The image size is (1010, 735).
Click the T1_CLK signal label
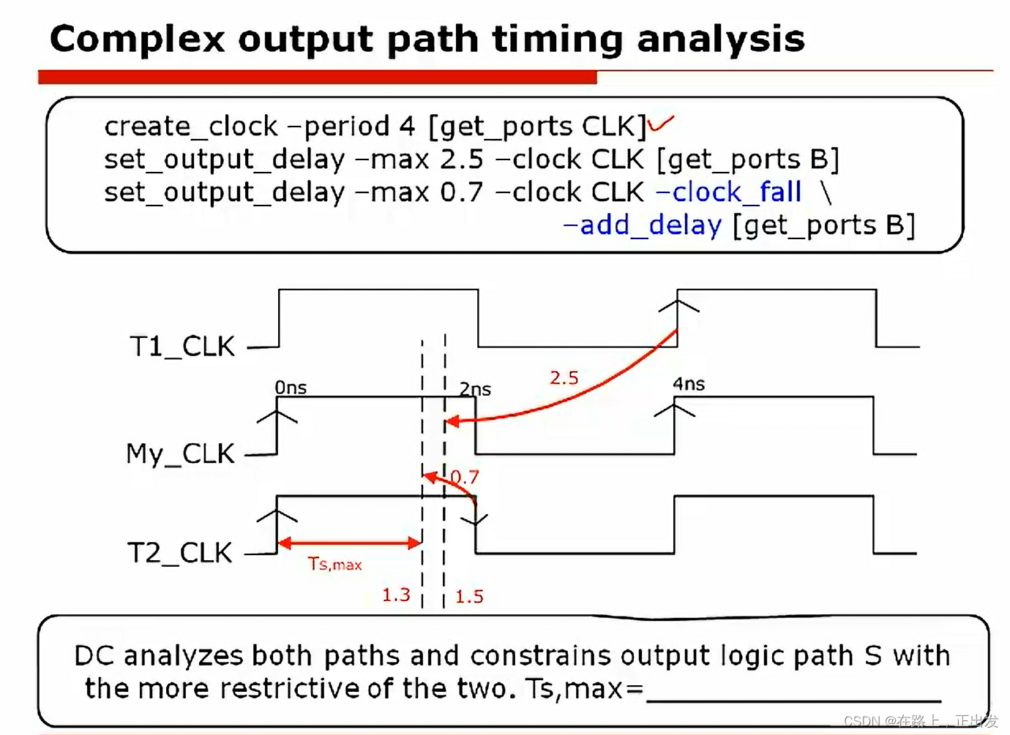[x=183, y=347]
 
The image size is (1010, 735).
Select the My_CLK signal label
[x=180, y=453]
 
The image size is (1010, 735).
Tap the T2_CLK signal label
[x=180, y=553]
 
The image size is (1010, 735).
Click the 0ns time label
[x=291, y=388]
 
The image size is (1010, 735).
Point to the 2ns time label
[x=475, y=389]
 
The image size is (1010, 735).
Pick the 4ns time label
[x=689, y=384]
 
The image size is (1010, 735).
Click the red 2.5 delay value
[x=564, y=377]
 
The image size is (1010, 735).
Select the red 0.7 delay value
[x=465, y=477]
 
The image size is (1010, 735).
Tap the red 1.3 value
[x=397, y=595]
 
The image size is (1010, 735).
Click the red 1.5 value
[x=469, y=597]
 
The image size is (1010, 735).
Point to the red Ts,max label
[x=335, y=564]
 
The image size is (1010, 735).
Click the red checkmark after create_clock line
[x=661, y=123]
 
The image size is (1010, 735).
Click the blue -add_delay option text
[x=642, y=225]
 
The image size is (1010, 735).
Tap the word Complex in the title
[x=138, y=40]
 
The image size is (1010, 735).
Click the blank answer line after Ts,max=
[x=794, y=701]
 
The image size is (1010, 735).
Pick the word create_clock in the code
[x=191, y=127]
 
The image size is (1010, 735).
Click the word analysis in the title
[x=721, y=40]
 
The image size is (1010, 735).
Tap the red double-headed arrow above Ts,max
[x=349, y=543]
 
